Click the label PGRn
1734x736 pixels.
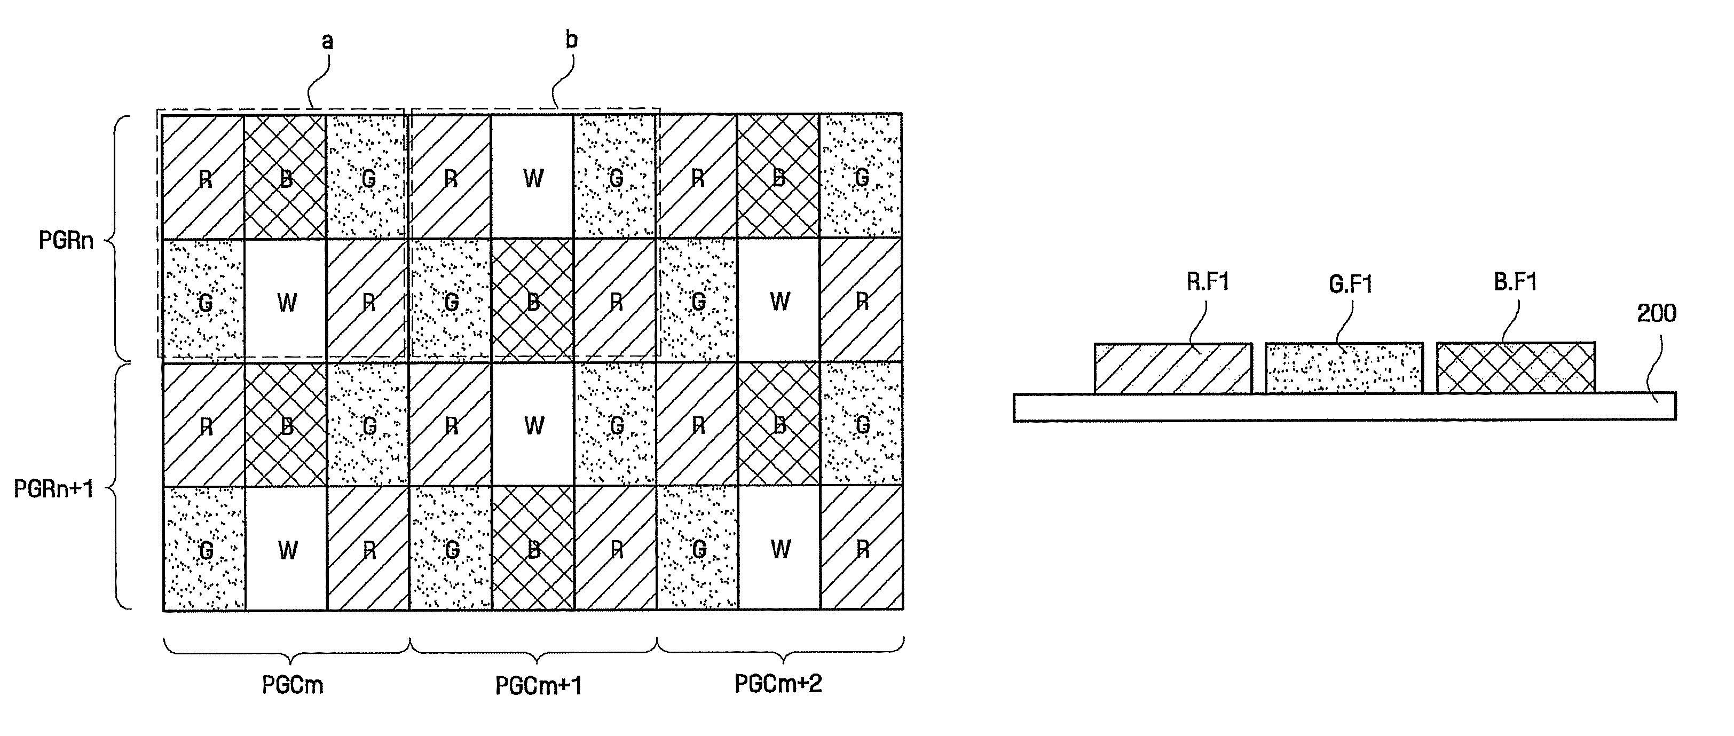pyautogui.click(x=66, y=240)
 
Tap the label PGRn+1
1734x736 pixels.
pyautogui.click(x=54, y=489)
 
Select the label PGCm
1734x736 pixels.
pyautogui.click(x=292, y=685)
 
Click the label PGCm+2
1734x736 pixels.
pyautogui.click(x=778, y=684)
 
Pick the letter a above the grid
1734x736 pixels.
pyautogui.click(x=327, y=42)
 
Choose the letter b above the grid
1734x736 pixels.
pyautogui.click(x=571, y=41)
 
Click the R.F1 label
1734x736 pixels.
pyautogui.click(x=1208, y=282)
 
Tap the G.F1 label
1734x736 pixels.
pyautogui.click(x=1350, y=284)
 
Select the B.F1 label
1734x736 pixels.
pyautogui.click(x=1515, y=282)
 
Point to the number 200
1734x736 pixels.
pyautogui.click(x=1656, y=313)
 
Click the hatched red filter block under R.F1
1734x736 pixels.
pyautogui.click(x=1172, y=369)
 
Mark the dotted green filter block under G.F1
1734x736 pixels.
pyautogui.click(x=1344, y=369)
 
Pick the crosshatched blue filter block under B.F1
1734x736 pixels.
pyautogui.click(x=1515, y=368)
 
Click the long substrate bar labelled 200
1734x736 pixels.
pyautogui.click(x=1344, y=407)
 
